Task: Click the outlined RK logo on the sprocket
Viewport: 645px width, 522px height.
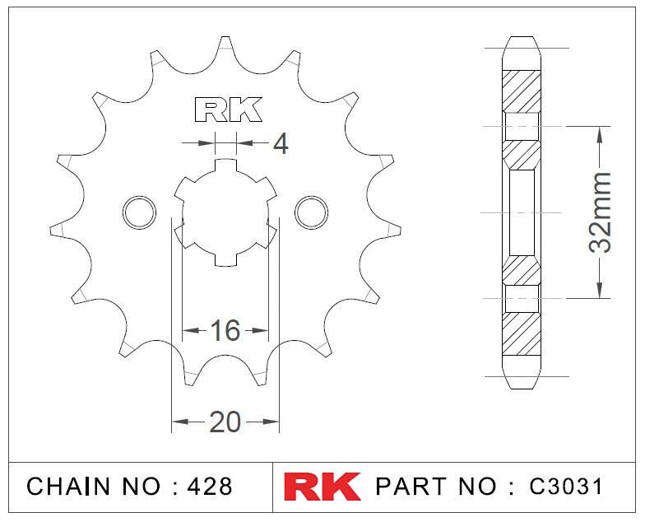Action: [x=228, y=110]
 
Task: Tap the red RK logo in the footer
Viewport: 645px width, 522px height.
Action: [x=322, y=486]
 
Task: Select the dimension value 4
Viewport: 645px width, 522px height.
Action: [x=281, y=144]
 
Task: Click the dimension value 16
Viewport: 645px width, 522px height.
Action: [x=225, y=330]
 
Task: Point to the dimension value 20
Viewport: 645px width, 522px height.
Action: [x=225, y=422]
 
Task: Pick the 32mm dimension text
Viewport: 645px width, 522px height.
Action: [x=600, y=212]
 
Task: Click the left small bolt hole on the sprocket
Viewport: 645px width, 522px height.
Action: [x=140, y=212]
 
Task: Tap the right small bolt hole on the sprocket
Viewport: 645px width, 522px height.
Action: [x=311, y=212]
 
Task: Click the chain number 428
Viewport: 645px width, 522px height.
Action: [x=210, y=487]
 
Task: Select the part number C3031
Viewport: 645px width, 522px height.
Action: [x=566, y=487]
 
